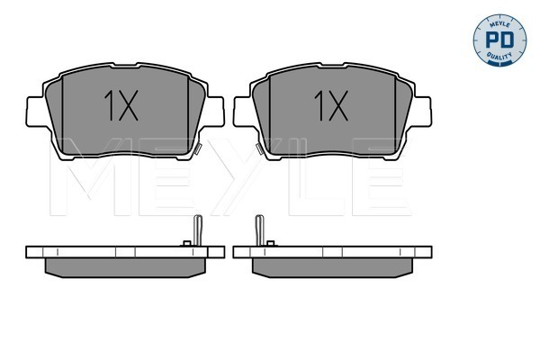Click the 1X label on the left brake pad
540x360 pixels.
(x=121, y=105)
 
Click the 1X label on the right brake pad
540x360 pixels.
(x=331, y=105)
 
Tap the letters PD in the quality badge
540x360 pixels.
(x=499, y=40)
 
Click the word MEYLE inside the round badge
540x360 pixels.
(x=499, y=23)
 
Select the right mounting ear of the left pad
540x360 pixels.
(x=213, y=112)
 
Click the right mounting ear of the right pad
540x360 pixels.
(x=421, y=112)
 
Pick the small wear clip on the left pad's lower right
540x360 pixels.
(x=197, y=148)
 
